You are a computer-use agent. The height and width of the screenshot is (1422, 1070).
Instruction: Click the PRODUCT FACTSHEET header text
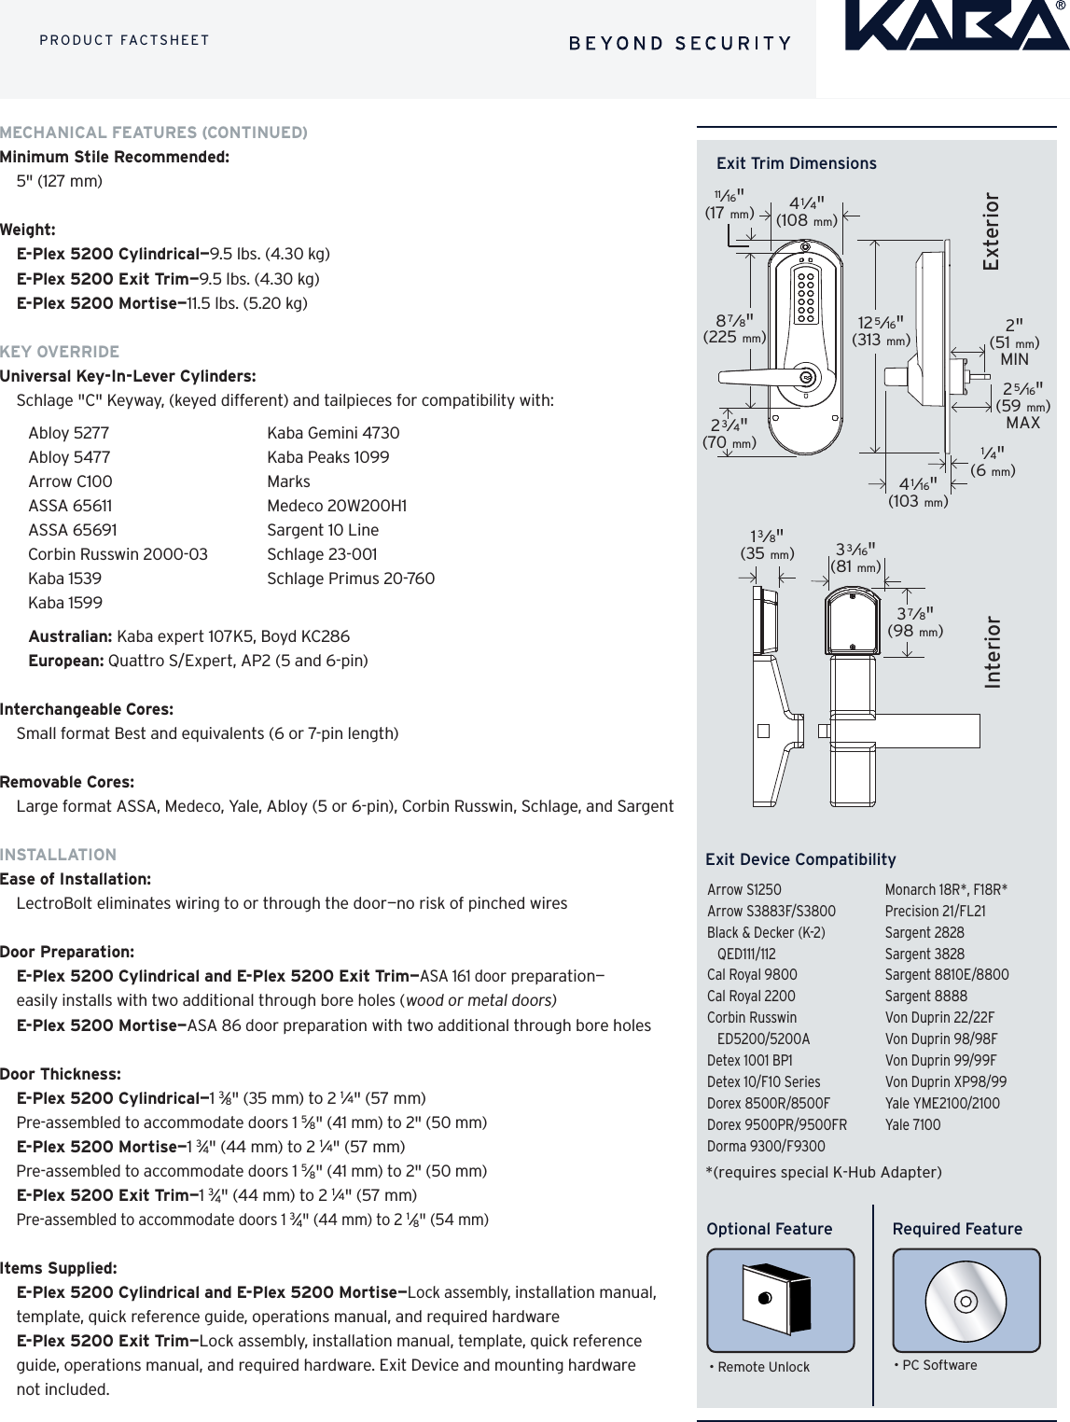124,40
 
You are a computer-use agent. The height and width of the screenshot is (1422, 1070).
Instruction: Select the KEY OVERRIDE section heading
60,352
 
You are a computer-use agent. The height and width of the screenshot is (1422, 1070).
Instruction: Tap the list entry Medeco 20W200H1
337,506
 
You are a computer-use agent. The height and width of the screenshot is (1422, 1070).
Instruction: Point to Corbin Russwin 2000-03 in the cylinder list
118,554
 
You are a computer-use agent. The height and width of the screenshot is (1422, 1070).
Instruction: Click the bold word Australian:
70,636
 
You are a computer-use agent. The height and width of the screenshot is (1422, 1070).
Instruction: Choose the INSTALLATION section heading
58,855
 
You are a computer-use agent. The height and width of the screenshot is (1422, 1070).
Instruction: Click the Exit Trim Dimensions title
796,163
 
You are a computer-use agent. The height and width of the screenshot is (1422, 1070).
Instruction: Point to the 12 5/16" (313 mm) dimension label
881,331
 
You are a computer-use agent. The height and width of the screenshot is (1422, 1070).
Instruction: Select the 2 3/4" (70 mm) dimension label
729,434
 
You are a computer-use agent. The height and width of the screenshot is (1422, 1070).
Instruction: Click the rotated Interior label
993,652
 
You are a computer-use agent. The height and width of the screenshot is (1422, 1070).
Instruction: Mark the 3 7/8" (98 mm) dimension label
915,622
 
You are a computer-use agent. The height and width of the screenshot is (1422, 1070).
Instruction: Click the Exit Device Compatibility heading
800,859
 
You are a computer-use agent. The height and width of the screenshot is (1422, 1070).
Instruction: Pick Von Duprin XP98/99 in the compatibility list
945,1081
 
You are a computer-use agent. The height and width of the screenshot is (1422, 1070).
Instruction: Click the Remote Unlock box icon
779,1299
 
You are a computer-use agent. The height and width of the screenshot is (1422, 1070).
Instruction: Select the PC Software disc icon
966,1300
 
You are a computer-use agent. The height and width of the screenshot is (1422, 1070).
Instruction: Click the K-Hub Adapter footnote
824,1172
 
